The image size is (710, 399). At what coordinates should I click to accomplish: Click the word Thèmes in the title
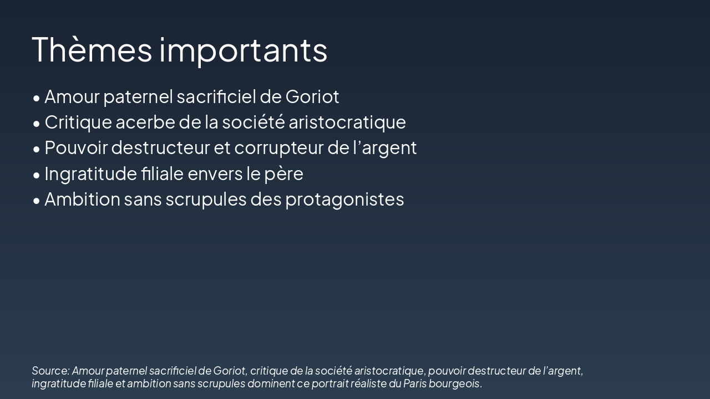pos(92,49)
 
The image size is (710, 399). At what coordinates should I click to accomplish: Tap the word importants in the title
pos(244,50)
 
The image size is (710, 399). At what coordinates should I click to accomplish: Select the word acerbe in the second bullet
pos(145,122)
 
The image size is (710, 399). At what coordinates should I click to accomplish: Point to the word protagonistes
pos(344,199)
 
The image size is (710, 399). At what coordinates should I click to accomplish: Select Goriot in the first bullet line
pos(312,96)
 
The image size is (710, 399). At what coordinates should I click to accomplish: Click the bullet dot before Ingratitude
pos(37,175)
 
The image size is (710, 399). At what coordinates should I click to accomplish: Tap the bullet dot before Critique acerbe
pos(37,123)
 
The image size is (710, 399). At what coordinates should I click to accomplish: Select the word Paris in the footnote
pos(413,383)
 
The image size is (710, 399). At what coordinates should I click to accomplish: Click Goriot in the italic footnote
pos(229,371)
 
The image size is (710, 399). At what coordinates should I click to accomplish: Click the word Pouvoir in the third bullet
pos(75,148)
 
